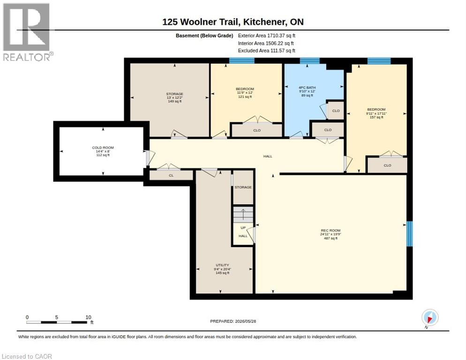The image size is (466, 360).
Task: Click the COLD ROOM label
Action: pyautogui.click(x=103, y=148)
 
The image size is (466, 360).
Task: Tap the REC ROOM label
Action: pyautogui.click(x=331, y=230)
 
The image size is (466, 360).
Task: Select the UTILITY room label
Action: pyautogui.click(x=222, y=265)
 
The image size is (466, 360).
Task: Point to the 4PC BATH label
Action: pyautogui.click(x=307, y=88)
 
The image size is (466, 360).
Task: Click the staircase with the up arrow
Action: pyautogui.click(x=243, y=214)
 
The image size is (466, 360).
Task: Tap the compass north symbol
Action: pyautogui.click(x=430, y=318)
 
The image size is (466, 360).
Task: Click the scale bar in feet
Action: pyautogui.click(x=56, y=322)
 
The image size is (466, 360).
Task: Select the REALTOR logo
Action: pyautogui.click(x=27, y=32)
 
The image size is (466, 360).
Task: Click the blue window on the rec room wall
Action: pyautogui.click(x=409, y=233)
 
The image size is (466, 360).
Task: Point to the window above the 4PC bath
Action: pyautogui.click(x=309, y=60)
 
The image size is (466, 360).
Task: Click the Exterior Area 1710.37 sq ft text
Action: pyautogui.click(x=266, y=36)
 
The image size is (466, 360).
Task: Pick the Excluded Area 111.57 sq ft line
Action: pyautogui.click(x=266, y=51)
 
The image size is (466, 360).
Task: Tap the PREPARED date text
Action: pyautogui.click(x=233, y=321)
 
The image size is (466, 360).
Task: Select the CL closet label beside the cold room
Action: pyautogui.click(x=171, y=175)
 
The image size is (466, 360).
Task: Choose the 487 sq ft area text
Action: pyautogui.click(x=331, y=238)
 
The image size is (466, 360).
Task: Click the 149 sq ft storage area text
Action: pyautogui.click(x=174, y=101)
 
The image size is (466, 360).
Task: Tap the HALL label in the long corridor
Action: pyautogui.click(x=268, y=156)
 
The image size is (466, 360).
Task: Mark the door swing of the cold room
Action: pyautogui.click(x=150, y=158)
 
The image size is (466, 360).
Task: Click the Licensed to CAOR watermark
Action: pyautogui.click(x=27, y=356)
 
